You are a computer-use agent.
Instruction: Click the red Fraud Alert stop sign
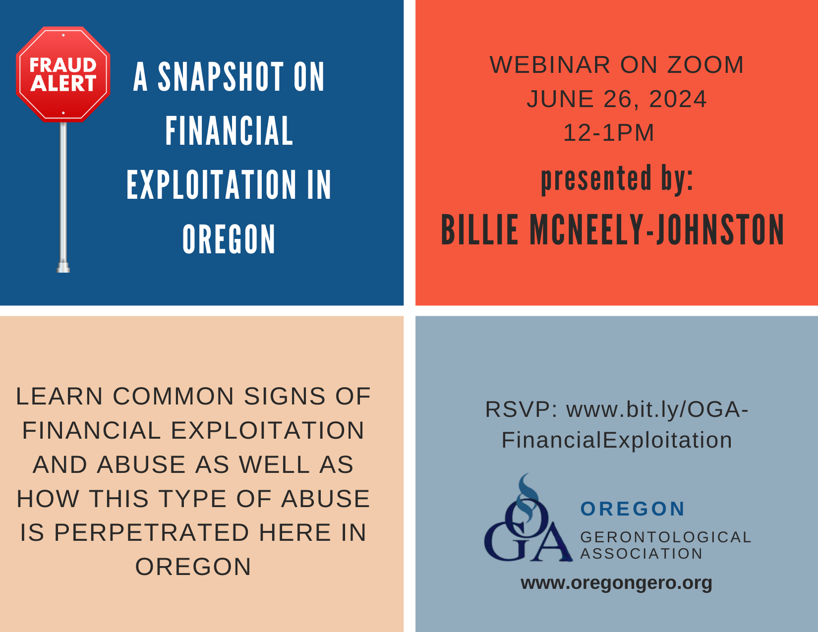(63, 74)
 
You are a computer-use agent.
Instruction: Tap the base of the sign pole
(63, 268)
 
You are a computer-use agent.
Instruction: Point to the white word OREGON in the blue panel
(229, 239)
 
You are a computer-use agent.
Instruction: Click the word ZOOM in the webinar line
(705, 65)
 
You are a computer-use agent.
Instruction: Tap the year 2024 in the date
(678, 99)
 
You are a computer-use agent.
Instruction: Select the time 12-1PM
(609, 132)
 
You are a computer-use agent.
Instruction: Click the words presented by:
(617, 179)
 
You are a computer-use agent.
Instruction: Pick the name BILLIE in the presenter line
(479, 230)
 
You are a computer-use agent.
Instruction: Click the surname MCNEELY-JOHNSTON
(657, 230)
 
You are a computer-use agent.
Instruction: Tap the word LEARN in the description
(59, 397)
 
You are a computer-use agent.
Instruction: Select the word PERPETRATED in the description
(152, 533)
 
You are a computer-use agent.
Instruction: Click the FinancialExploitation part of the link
(617, 440)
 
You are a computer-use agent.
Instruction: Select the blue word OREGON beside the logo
(633, 509)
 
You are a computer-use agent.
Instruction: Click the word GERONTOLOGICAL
(665, 537)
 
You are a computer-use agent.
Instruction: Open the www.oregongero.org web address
(616, 583)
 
